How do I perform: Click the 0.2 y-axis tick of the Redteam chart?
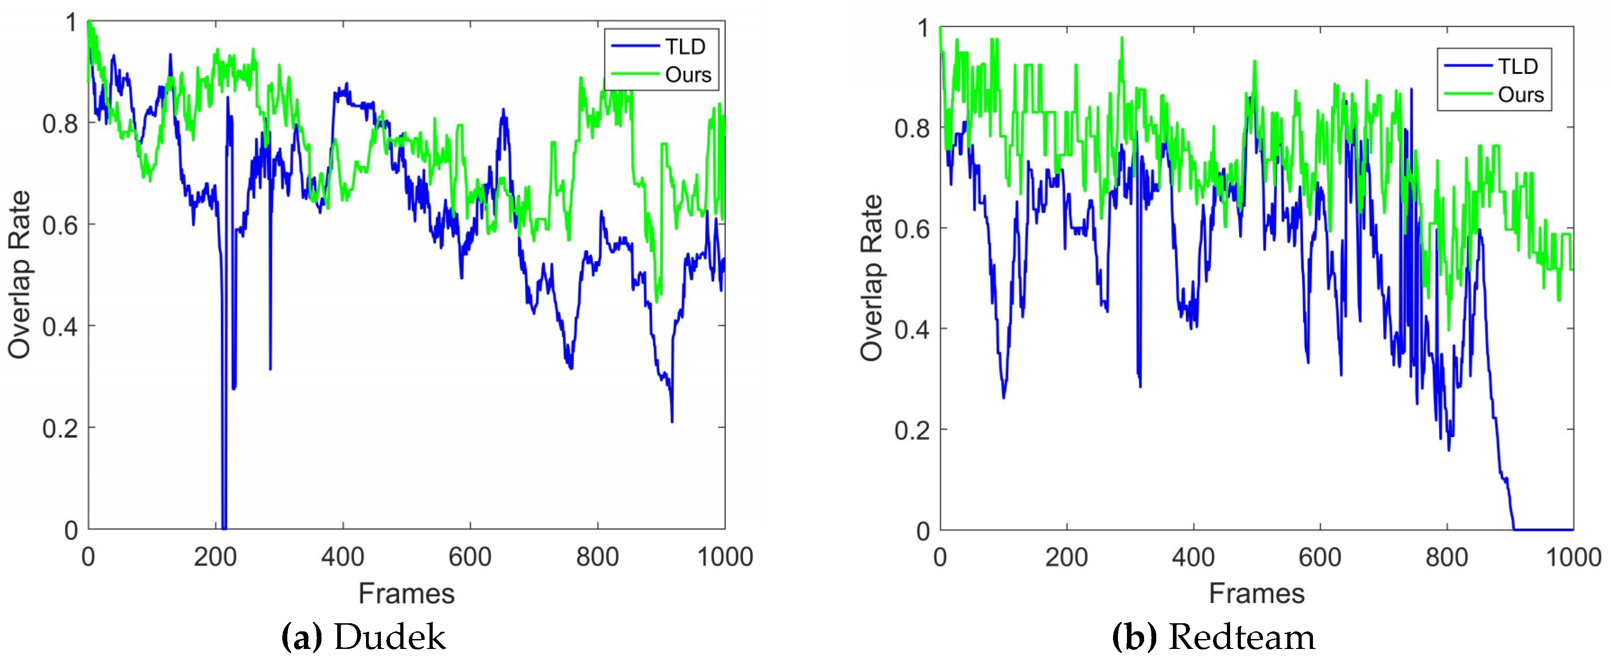point(913,430)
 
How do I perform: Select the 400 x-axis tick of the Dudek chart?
point(343,556)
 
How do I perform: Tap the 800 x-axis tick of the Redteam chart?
point(1447,556)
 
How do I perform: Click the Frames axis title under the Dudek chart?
point(407,593)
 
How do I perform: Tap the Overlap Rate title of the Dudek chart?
point(20,275)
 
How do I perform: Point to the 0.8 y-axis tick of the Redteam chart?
point(913,128)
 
